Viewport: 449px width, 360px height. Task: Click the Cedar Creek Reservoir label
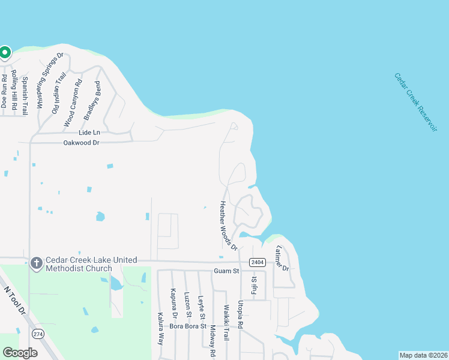[415, 103]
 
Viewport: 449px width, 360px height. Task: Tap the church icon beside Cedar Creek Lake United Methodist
[36, 263]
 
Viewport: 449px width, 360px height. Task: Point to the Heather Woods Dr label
[228, 226]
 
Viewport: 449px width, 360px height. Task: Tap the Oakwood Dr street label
[81, 143]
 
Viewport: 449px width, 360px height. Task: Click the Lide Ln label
[88, 132]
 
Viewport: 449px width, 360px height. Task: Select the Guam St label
[226, 271]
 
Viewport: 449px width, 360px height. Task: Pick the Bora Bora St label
[188, 326]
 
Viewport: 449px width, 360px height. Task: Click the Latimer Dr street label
[282, 258]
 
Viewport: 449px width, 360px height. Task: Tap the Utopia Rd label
[240, 314]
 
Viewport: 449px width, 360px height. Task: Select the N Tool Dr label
[16, 300]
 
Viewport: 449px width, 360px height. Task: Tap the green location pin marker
[5, 53]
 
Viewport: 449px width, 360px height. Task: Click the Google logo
[20, 353]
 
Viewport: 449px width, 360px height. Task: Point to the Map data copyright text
[423, 355]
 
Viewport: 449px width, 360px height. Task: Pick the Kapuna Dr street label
[174, 305]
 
